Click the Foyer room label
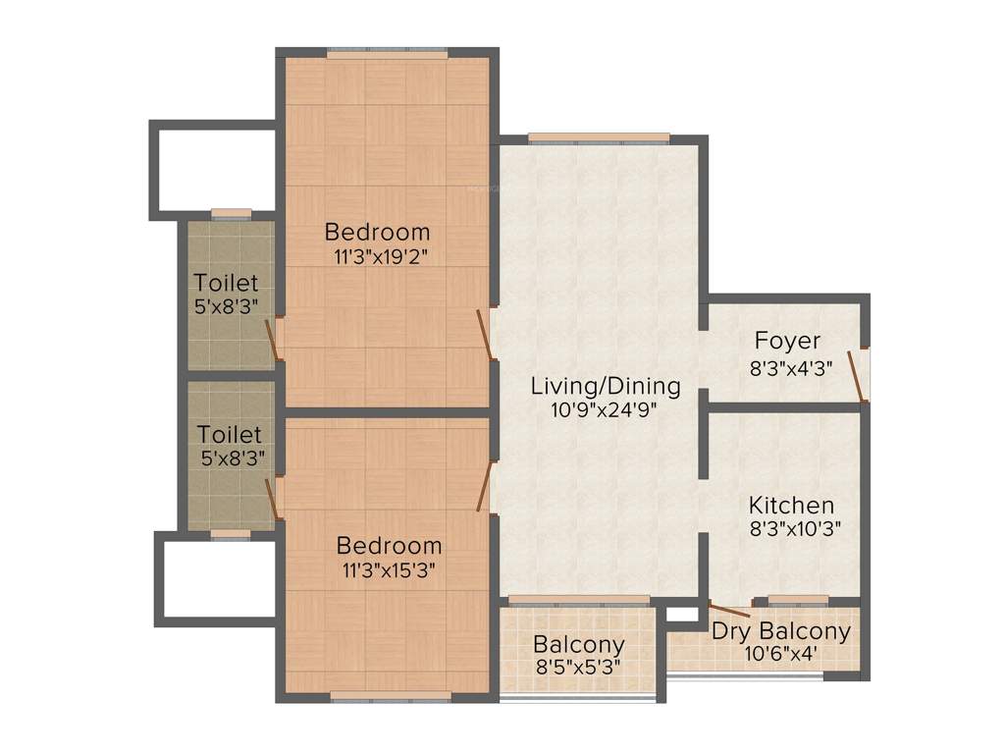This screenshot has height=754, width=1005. tap(787, 341)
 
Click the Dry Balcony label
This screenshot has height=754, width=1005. tap(781, 631)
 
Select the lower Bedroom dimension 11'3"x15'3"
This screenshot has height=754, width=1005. tap(389, 568)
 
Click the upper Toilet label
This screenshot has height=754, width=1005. tap(226, 283)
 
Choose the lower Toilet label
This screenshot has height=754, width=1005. tap(230, 433)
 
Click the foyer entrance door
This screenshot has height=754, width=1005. tap(859, 375)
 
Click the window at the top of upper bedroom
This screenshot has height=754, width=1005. tap(385, 53)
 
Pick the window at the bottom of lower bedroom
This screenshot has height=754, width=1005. tap(391, 697)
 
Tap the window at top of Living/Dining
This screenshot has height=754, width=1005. tap(598, 137)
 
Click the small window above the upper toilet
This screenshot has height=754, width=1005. tap(231, 213)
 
